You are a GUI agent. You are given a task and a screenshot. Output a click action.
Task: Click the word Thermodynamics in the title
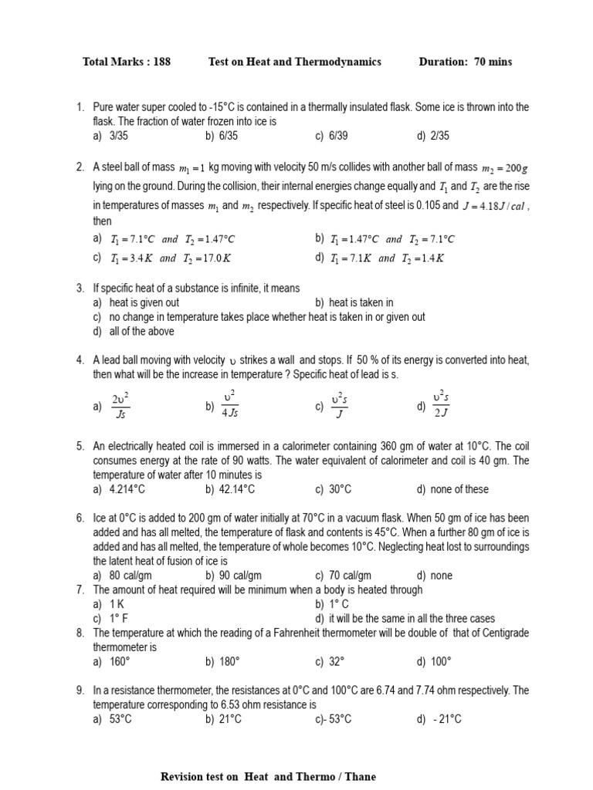coord(341,62)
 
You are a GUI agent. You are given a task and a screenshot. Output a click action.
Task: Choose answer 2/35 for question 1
coord(440,136)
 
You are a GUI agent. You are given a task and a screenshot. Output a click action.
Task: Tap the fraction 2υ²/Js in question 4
coord(120,407)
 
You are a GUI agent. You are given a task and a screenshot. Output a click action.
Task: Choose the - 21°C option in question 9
coord(446,719)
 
